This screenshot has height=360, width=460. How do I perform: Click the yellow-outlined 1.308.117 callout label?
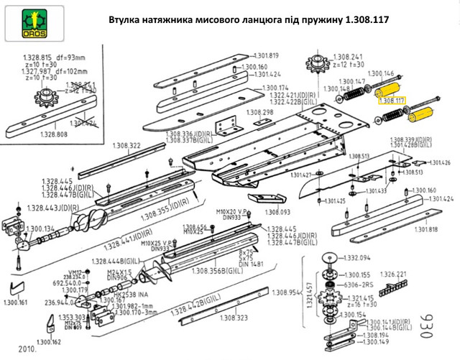point(392,101)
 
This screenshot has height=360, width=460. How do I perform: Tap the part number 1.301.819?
point(265,56)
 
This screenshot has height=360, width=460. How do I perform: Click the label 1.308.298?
point(259,113)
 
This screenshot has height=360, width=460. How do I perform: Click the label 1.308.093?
point(276,212)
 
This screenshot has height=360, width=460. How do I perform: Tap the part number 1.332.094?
point(357,257)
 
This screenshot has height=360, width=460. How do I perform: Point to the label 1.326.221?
point(392,274)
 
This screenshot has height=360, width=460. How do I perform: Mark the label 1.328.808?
point(53,134)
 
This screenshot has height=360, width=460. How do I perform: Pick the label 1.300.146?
point(381,74)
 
